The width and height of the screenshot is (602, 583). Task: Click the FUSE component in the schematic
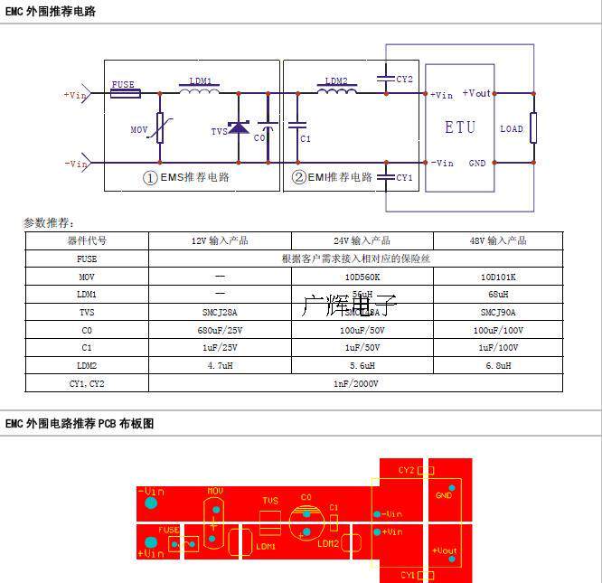tap(123, 92)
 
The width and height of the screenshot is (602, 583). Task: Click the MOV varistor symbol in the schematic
tap(161, 128)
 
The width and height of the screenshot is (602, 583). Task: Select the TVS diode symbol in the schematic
tap(239, 128)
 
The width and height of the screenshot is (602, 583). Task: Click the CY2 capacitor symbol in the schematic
tap(386, 79)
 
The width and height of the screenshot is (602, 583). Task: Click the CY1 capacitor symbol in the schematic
tap(386, 176)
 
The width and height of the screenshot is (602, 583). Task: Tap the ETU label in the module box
tap(459, 127)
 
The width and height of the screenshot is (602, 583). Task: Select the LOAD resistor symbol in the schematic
tap(534, 128)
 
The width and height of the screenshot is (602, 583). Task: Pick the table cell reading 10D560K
tap(362, 276)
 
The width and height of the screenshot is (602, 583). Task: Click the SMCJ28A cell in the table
tap(220, 312)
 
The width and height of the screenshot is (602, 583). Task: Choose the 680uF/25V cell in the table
tap(220, 330)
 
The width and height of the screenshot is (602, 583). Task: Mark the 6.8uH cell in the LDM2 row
tap(497, 365)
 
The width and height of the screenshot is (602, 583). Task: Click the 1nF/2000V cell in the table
tap(356, 383)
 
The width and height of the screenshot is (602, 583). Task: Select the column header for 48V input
tap(497, 240)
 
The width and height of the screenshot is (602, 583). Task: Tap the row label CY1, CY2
tap(87, 383)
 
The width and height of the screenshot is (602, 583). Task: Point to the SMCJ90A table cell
tap(497, 312)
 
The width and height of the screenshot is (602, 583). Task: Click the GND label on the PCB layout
tap(444, 494)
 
